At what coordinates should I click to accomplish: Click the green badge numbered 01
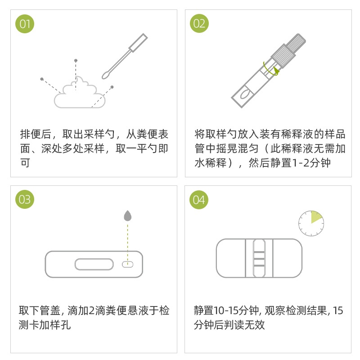(25, 24)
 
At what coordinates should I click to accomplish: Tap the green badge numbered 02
(199, 23)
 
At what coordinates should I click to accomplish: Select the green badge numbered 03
(25, 199)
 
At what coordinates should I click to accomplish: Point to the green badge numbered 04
(199, 200)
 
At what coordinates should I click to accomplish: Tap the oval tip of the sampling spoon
(106, 75)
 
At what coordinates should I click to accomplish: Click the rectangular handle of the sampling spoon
(138, 43)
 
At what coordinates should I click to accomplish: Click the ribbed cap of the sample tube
(288, 50)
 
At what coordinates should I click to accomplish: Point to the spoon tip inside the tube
(245, 94)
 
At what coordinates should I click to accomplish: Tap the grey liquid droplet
(128, 216)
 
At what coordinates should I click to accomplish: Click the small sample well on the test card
(128, 264)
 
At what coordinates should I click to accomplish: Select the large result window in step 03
(94, 264)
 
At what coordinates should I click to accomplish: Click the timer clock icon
(311, 223)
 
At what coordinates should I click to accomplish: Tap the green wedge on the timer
(316, 217)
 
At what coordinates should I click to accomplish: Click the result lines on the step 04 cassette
(259, 259)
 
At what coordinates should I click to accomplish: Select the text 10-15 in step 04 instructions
(225, 310)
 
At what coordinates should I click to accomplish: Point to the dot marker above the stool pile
(76, 61)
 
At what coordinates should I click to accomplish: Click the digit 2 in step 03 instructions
(91, 310)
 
